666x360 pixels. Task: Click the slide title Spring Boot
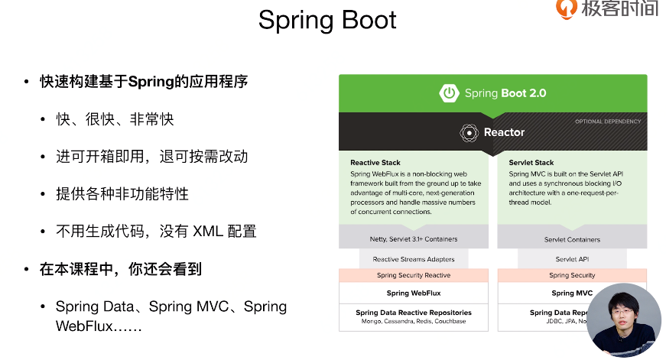tap(327, 20)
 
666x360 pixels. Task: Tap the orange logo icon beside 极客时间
tap(567, 8)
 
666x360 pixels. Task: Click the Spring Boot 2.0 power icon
tap(449, 93)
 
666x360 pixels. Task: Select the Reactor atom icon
tap(469, 133)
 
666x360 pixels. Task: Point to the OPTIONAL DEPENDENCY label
tap(608, 122)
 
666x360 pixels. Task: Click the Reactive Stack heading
tap(375, 163)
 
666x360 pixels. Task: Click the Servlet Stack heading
tap(531, 163)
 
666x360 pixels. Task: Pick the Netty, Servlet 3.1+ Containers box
tap(413, 239)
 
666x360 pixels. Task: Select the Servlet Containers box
tap(572, 239)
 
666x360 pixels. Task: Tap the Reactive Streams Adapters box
tap(413, 259)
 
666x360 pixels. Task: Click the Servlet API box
tap(572, 259)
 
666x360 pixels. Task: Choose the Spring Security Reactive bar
tap(413, 275)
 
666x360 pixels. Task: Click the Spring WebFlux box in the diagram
tap(413, 293)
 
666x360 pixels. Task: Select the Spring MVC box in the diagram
tap(572, 293)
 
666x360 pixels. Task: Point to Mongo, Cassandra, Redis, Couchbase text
tap(413, 322)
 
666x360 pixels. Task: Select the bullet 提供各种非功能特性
tap(122, 194)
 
